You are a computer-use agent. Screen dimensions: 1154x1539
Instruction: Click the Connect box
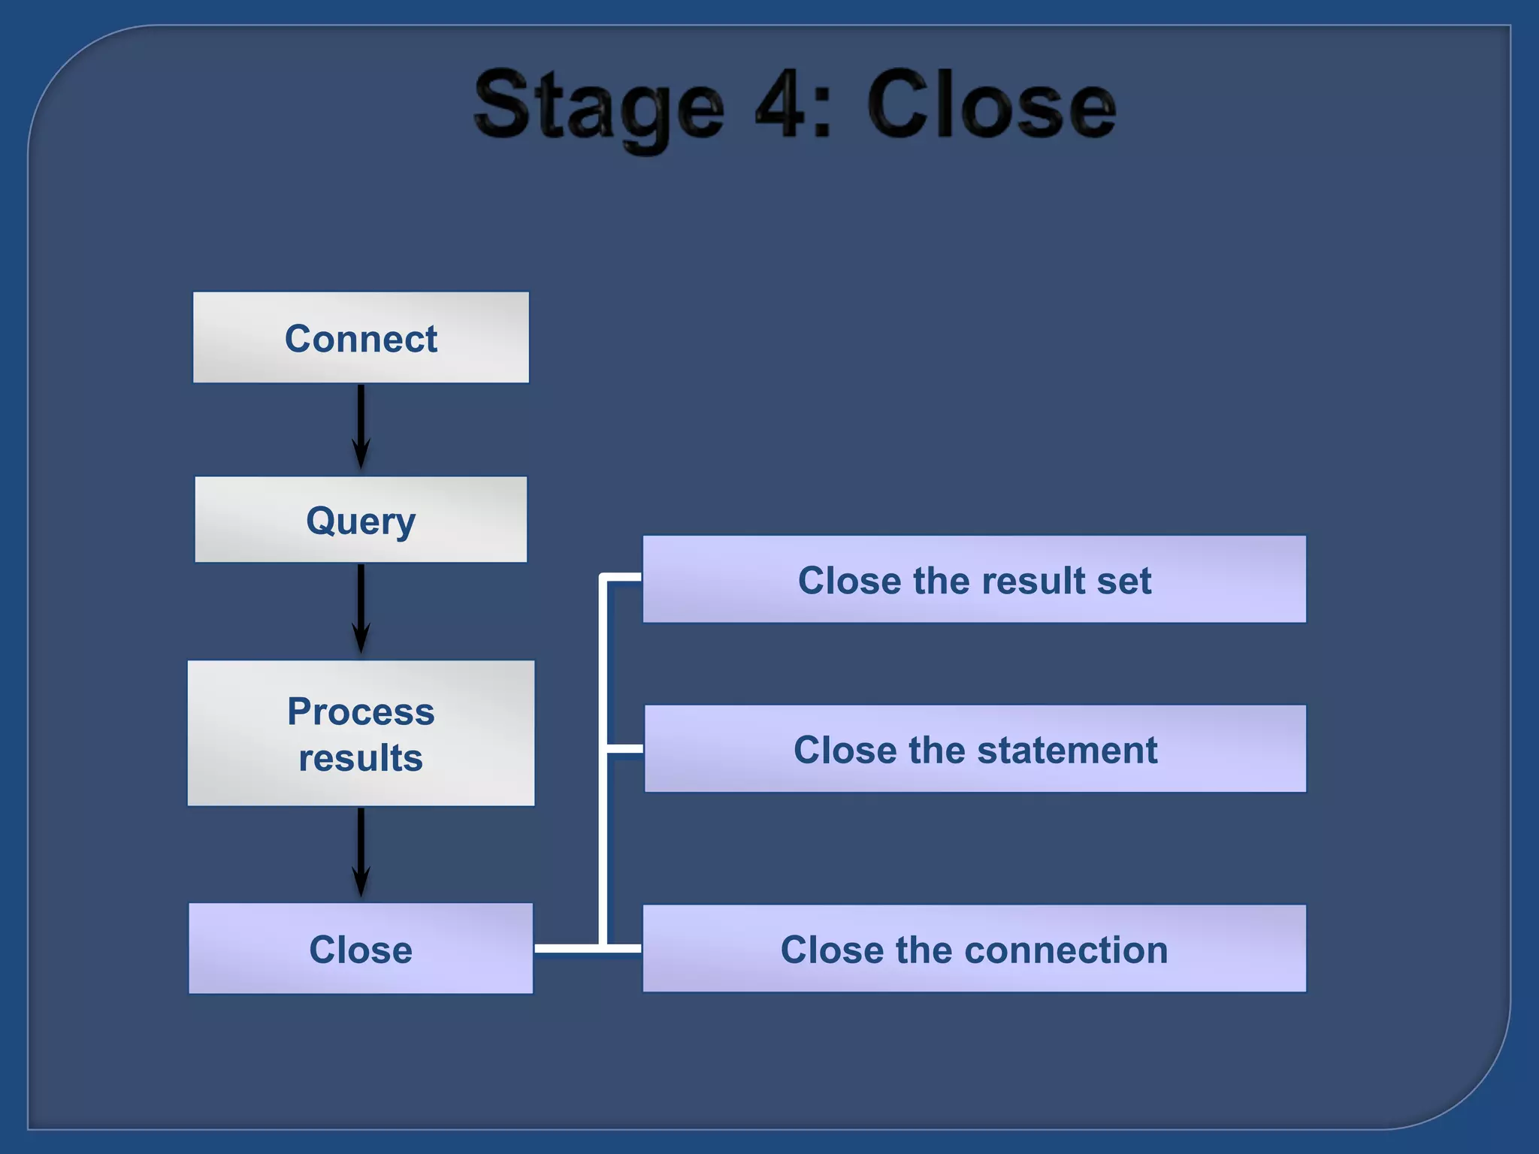[x=361, y=337]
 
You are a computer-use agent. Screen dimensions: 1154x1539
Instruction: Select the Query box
[x=361, y=519]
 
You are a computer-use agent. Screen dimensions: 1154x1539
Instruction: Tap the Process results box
[x=361, y=733]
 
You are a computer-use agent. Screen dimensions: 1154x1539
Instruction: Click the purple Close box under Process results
[x=361, y=949]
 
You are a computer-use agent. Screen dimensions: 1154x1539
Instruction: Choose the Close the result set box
[x=974, y=579]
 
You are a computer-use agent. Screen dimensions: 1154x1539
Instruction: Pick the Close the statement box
[x=974, y=749]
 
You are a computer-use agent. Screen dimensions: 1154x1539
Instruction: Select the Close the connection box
[x=974, y=949]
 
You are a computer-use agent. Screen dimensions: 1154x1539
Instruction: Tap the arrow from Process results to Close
[x=361, y=852]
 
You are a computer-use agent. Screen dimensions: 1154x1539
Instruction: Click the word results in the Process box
[x=361, y=757]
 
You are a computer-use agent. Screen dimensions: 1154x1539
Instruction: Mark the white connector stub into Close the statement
[x=624, y=749]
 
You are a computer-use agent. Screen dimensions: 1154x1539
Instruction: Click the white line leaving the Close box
[x=567, y=949]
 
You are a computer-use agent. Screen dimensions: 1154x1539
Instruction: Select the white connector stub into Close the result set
[x=623, y=577]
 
